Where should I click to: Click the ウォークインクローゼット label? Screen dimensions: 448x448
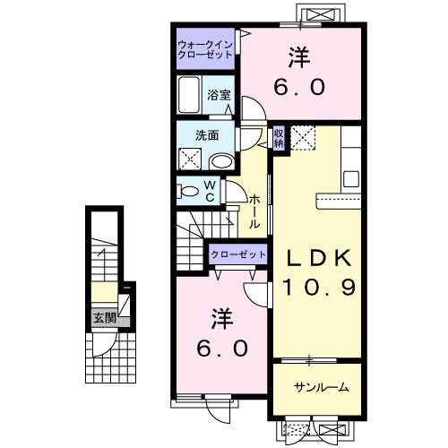[x=205, y=48]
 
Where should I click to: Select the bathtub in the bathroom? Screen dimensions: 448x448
[x=189, y=95]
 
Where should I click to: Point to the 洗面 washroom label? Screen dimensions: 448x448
[x=208, y=136]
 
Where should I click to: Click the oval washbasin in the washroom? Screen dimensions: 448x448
[x=220, y=161]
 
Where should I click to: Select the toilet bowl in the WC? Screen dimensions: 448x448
[x=187, y=191]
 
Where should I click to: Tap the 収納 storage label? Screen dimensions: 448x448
[x=279, y=137]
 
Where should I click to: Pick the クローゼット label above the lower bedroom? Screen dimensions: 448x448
[x=238, y=255]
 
